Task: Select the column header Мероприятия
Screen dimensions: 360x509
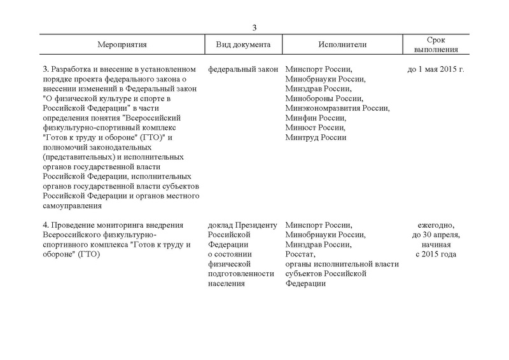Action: [x=122, y=46]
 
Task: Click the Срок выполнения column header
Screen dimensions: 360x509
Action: [x=436, y=45]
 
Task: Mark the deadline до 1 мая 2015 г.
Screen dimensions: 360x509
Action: [x=436, y=69]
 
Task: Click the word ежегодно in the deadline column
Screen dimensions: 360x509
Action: [x=436, y=225]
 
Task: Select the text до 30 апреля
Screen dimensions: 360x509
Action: [x=436, y=235]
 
